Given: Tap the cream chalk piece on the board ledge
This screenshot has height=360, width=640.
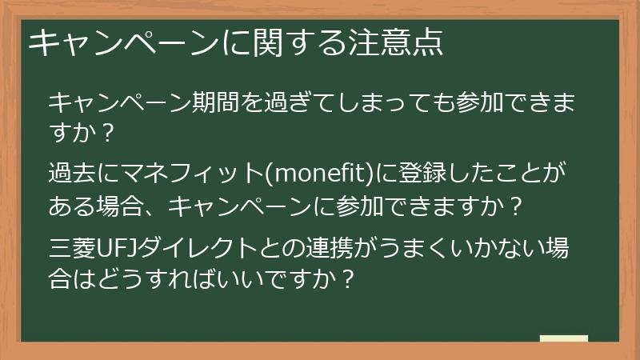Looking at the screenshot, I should (x=564, y=339).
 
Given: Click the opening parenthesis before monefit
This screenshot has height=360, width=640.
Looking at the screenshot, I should (x=267, y=172).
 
